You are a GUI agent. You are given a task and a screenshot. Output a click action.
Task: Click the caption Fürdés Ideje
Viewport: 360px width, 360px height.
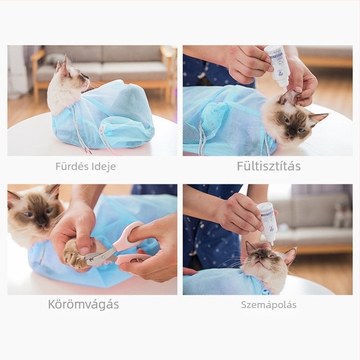[x=86, y=167]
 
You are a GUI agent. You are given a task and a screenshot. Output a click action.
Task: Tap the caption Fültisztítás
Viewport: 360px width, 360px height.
[x=268, y=166]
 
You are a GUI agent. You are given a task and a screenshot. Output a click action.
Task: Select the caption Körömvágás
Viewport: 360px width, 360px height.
[x=83, y=304]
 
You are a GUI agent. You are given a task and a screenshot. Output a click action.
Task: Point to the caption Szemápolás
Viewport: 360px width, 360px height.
[x=268, y=305]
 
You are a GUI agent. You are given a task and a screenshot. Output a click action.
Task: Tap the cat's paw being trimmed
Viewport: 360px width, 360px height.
[x=75, y=253]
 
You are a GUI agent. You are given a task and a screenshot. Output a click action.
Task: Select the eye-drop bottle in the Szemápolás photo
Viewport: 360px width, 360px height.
[x=267, y=221]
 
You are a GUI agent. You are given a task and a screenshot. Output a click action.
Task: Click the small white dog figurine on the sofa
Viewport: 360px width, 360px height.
[x=342, y=214]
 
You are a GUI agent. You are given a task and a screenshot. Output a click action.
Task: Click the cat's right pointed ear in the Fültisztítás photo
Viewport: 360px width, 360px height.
[x=318, y=118]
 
